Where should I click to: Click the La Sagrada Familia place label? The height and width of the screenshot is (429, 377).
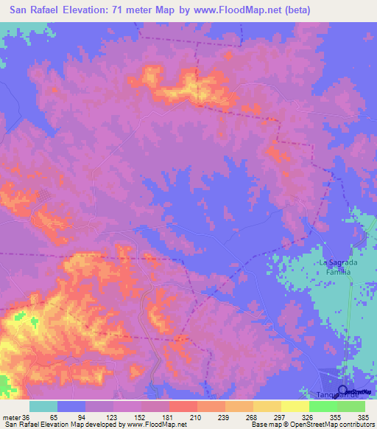337,267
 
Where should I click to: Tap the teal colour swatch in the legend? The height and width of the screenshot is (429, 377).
44,406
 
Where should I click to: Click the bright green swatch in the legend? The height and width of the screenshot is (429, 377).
323,406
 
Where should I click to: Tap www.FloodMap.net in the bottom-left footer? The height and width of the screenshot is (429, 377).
157,425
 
